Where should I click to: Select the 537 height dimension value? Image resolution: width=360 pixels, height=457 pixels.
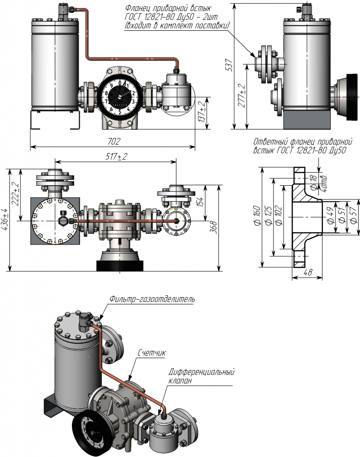[228, 66]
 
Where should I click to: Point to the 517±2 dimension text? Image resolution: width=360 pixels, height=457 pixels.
[115, 157]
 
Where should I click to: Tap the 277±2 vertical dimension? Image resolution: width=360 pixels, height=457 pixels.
[242, 95]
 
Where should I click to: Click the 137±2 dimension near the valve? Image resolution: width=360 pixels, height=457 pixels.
[202, 112]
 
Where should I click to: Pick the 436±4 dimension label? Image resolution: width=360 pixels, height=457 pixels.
[4, 219]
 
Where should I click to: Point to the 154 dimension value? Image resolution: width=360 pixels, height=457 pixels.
[201, 201]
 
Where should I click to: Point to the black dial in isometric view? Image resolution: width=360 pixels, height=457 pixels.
[92, 433]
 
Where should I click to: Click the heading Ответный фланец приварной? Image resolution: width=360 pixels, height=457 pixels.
[300, 142]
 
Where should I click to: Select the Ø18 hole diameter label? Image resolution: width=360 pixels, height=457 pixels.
[314, 182]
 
